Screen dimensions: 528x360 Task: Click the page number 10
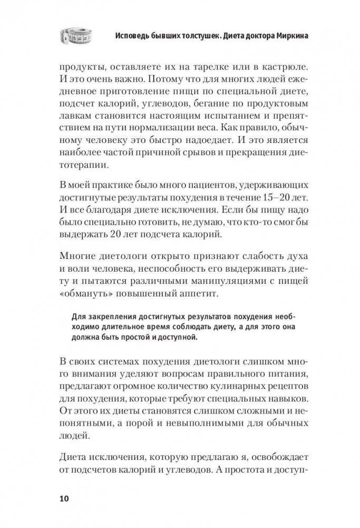[x=64, y=498]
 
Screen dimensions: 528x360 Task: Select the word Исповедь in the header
[x=135, y=37]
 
